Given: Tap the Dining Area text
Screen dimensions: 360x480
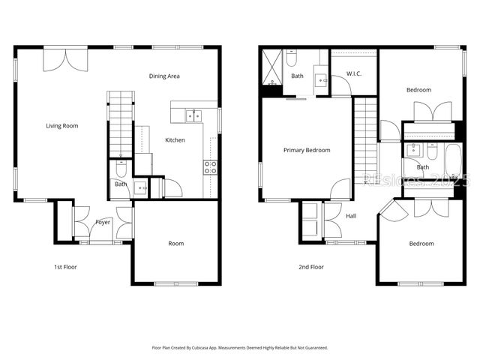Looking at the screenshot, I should tap(163, 76).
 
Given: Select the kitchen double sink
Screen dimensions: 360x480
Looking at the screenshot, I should tap(193, 115).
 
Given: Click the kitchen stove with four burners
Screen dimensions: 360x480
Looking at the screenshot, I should tap(211, 166).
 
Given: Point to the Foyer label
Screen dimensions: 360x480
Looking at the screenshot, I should tap(103, 222).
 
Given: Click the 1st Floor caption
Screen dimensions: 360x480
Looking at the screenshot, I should tap(65, 267).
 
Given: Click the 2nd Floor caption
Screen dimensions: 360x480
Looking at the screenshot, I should tap(311, 267).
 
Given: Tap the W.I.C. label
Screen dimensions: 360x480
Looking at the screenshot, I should tap(354, 73).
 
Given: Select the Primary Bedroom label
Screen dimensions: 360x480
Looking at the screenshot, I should tap(307, 150).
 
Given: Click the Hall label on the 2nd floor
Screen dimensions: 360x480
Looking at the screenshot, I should tap(351, 216).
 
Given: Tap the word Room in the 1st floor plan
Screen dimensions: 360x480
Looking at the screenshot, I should tap(175, 244).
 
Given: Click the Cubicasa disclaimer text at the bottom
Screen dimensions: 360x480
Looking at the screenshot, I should tap(240, 347).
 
